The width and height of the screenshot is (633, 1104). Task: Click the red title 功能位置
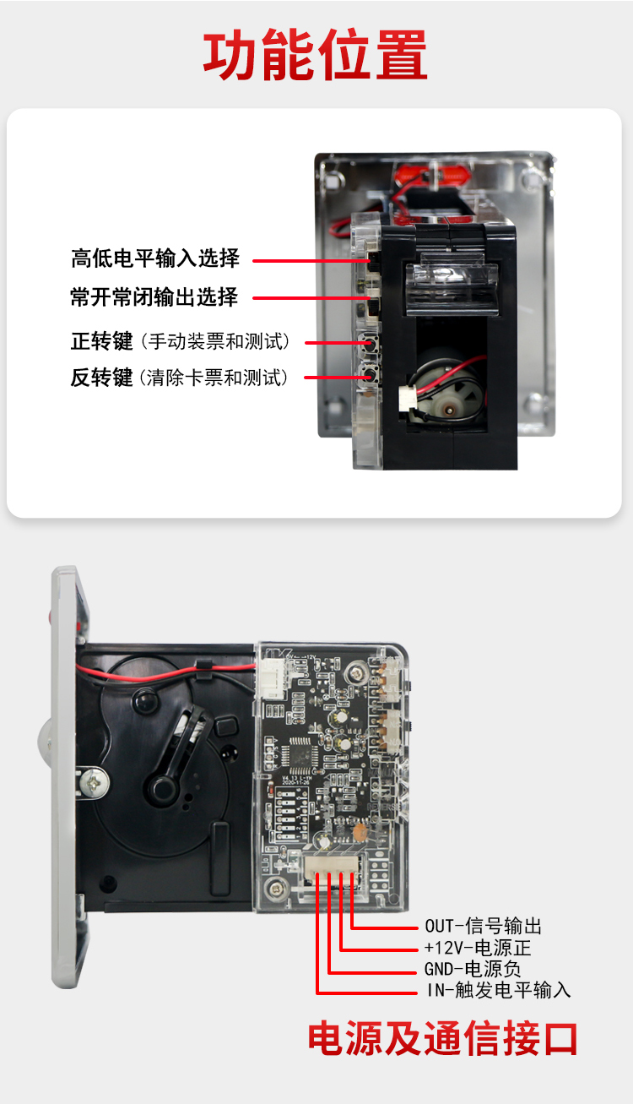pyautogui.click(x=316, y=54)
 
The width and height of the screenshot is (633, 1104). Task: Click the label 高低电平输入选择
pyautogui.click(x=155, y=258)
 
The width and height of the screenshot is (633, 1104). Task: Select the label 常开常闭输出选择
pyautogui.click(x=154, y=297)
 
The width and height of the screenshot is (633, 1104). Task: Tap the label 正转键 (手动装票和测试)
pyautogui.click(x=181, y=341)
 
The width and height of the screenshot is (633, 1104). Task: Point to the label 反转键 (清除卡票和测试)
pyautogui.click(x=179, y=378)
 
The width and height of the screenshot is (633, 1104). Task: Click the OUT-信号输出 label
pyautogui.click(x=484, y=926)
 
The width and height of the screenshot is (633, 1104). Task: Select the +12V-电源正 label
pyautogui.click(x=478, y=947)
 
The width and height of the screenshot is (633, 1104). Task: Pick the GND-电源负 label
pyautogui.click(x=473, y=969)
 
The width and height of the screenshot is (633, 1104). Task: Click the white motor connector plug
pyautogui.click(x=407, y=398)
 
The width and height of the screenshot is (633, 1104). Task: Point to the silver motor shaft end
pyautogui.click(x=449, y=409)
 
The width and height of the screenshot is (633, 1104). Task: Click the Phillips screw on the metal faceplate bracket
pyautogui.click(x=93, y=782)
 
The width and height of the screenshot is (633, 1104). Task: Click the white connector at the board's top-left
pyautogui.click(x=272, y=679)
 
